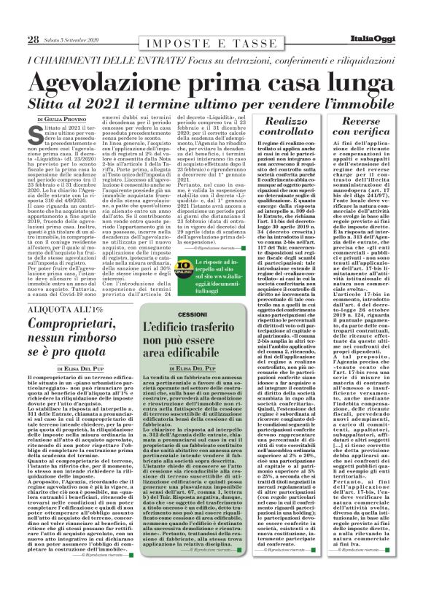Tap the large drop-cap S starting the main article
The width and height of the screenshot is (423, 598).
click(34, 136)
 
